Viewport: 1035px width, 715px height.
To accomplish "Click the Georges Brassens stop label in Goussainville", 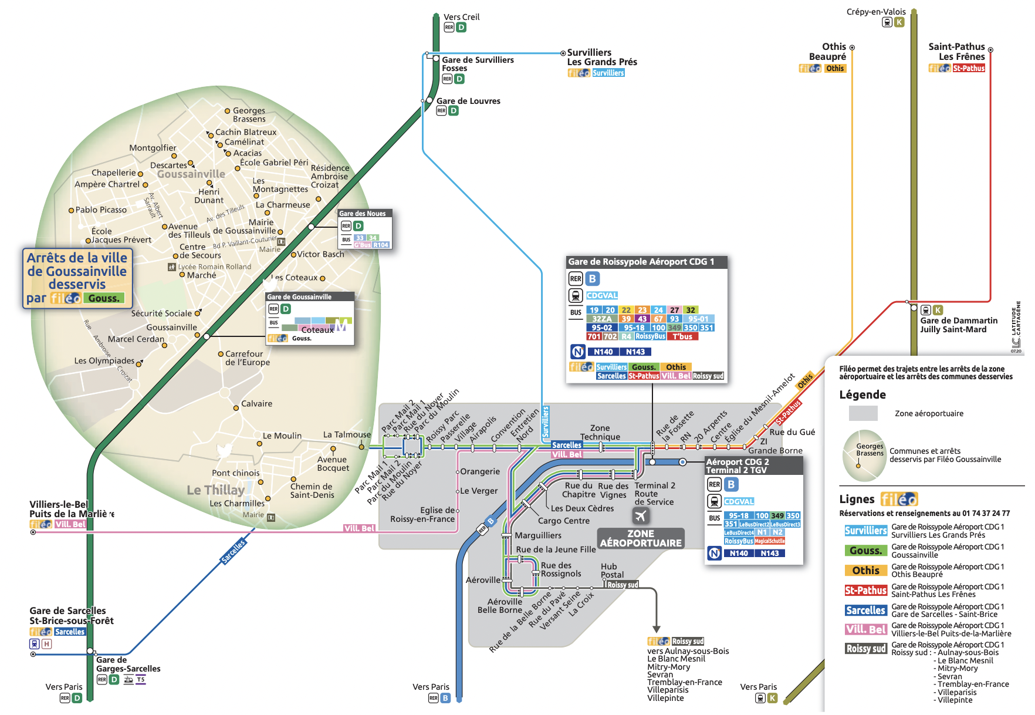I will click(249, 114).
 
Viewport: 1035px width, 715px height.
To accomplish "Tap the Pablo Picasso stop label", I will click(101, 210).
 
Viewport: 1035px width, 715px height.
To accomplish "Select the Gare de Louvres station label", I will click(468, 101).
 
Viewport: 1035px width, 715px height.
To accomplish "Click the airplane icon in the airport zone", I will click(640, 515).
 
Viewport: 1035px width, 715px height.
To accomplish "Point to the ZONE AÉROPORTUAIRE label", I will click(641, 538).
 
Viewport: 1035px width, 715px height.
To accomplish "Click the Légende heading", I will click(862, 394).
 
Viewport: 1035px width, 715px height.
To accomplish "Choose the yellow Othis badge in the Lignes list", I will click(865, 571).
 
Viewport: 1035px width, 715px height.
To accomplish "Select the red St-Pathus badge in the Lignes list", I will click(865, 591).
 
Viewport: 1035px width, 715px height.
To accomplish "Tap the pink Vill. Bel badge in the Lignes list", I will click(865, 629).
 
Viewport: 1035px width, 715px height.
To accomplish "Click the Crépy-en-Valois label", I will click(875, 12).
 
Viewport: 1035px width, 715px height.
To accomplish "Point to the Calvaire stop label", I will click(256, 404).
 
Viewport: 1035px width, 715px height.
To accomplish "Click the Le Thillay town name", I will click(215, 490).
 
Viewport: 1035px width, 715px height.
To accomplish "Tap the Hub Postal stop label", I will click(612, 571).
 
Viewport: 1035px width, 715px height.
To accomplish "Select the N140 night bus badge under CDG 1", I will click(603, 352).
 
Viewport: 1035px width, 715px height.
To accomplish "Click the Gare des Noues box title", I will click(363, 214).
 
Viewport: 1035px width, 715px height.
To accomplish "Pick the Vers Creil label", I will click(461, 17).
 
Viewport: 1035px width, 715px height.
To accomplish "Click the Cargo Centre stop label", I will click(563, 521).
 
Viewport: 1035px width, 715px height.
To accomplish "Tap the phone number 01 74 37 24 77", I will click(986, 513).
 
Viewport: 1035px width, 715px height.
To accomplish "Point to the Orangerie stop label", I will click(480, 471).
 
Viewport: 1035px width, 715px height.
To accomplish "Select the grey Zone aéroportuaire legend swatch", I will click(863, 413).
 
